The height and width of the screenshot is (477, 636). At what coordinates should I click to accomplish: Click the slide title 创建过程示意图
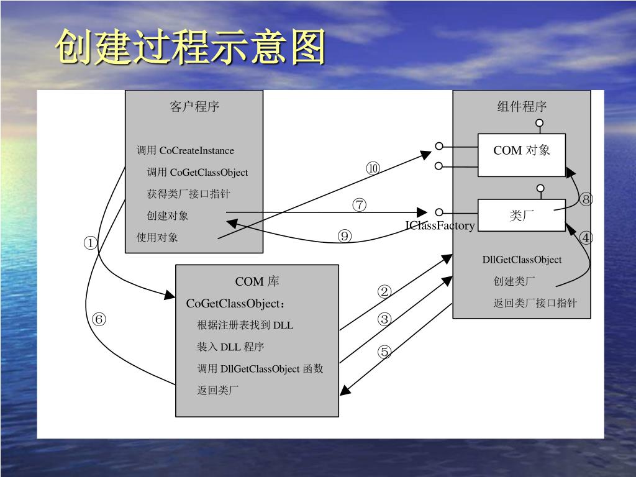pyautogui.click(x=190, y=47)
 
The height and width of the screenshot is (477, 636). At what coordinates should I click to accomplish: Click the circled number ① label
pyautogui.click(x=90, y=243)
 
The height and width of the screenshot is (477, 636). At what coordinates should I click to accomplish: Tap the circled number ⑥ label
pyautogui.click(x=99, y=319)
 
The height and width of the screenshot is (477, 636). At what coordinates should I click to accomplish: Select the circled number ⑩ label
pyautogui.click(x=373, y=168)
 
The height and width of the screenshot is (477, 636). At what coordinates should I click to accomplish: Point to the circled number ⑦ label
pyautogui.click(x=360, y=204)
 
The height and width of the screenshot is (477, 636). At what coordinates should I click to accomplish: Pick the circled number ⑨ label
pyautogui.click(x=344, y=235)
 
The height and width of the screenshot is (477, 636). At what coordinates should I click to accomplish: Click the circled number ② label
pyautogui.click(x=384, y=292)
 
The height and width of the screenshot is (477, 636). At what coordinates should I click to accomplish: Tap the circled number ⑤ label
pyautogui.click(x=384, y=352)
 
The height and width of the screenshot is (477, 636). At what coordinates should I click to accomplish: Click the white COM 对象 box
pyautogui.click(x=522, y=155)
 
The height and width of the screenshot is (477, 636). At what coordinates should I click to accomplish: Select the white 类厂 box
pyautogui.click(x=522, y=215)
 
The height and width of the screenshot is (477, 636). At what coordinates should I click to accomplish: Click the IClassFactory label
pyautogui.click(x=440, y=225)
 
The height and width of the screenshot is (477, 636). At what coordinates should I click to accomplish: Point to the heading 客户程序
pyautogui.click(x=194, y=106)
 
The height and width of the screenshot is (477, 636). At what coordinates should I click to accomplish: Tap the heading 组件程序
pyautogui.click(x=522, y=106)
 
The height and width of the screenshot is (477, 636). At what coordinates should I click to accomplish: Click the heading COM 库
pyautogui.click(x=257, y=281)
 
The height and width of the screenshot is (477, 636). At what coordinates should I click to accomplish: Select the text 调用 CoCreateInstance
pyautogui.click(x=185, y=150)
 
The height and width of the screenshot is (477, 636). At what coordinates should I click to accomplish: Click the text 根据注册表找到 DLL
pyautogui.click(x=245, y=325)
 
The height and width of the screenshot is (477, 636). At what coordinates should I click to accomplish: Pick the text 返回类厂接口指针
pyautogui.click(x=535, y=303)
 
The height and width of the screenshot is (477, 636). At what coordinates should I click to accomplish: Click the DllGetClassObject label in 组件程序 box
pyautogui.click(x=522, y=260)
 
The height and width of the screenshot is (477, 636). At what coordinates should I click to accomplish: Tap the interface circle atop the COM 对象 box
pyautogui.click(x=539, y=123)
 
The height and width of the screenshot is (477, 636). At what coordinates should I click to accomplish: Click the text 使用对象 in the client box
pyautogui.click(x=157, y=237)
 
